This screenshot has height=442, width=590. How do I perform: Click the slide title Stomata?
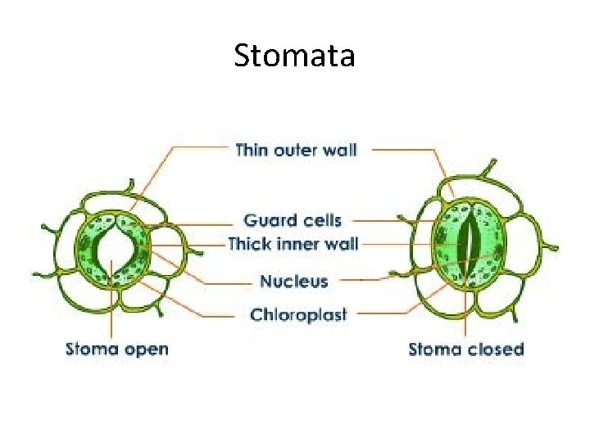[294, 56]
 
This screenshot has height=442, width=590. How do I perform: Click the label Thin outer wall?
[296, 151]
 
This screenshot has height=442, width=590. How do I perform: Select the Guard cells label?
[293, 220]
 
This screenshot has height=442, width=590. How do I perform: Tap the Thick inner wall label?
[293, 244]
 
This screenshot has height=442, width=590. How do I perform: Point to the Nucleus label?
[293, 282]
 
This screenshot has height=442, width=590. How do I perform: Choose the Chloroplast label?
[298, 314]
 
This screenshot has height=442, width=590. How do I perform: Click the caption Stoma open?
[117, 349]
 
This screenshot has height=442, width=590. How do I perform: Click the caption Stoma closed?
[465, 350]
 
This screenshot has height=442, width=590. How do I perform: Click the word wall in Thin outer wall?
[340, 151]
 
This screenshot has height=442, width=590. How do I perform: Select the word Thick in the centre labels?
[249, 244]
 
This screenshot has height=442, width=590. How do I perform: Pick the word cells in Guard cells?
[322, 220]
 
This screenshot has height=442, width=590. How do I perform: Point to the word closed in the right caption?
[495, 350]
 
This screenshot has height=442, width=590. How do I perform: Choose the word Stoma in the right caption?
[435, 350]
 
